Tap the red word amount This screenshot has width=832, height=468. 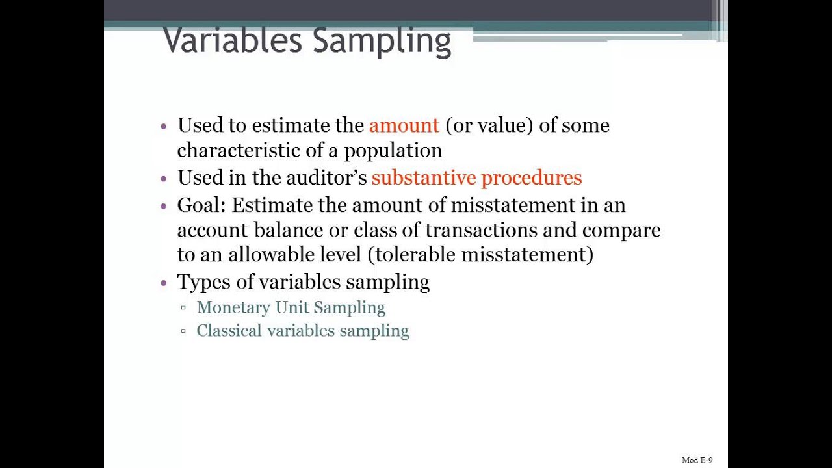pos(404,125)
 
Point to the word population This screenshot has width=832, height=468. pos(393,151)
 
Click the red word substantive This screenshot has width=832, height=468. pos(423,178)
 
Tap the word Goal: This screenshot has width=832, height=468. pos(201,205)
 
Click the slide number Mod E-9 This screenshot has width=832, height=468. pos(697,460)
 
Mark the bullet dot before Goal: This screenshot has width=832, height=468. pos(164,205)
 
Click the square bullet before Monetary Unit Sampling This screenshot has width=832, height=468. pos(183,307)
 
